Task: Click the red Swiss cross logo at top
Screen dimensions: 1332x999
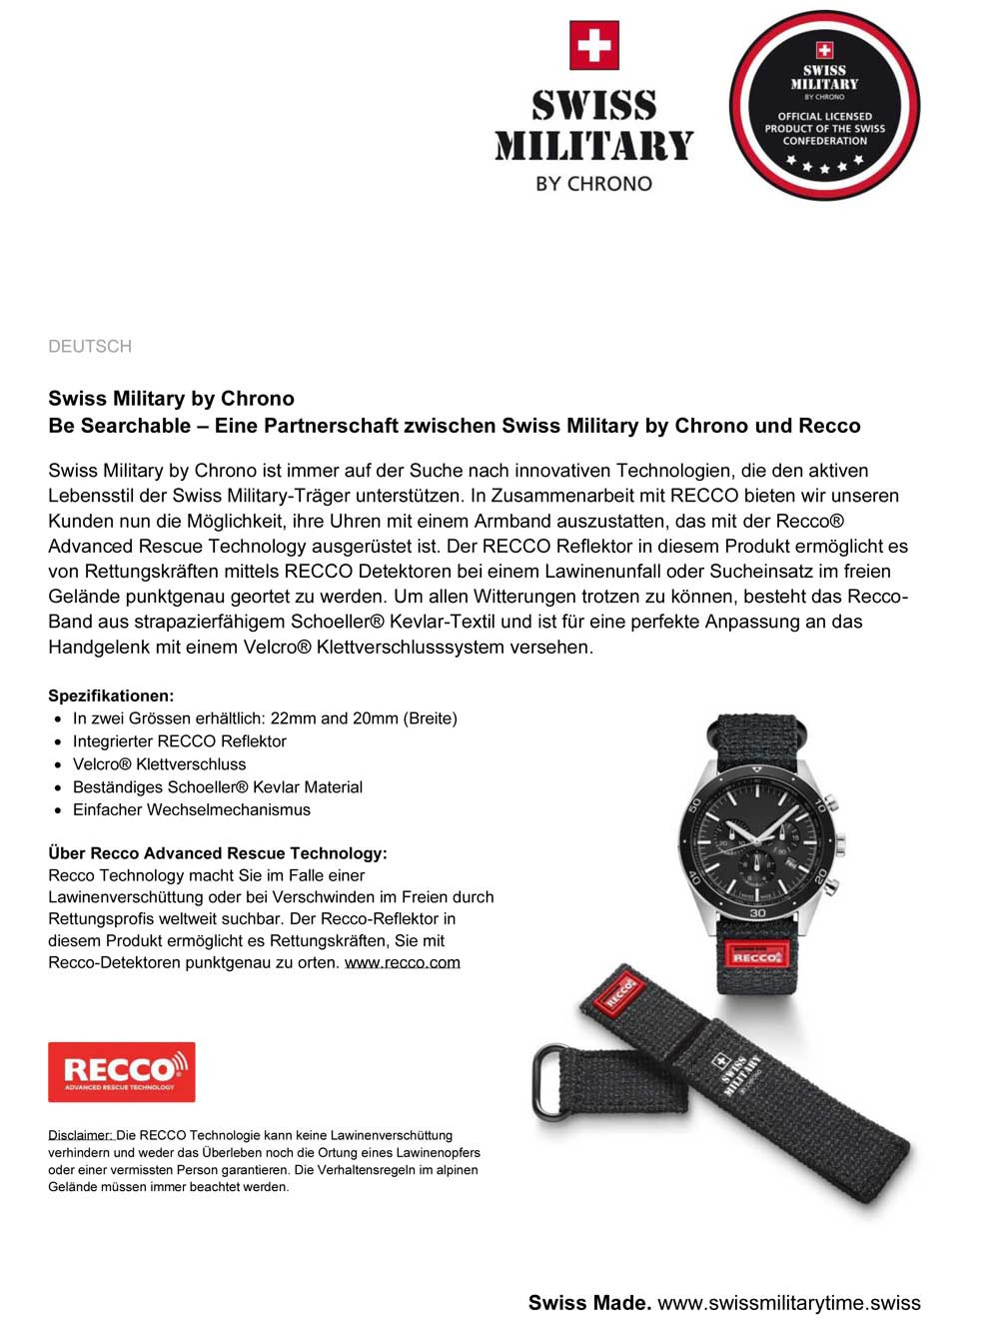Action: click(x=594, y=46)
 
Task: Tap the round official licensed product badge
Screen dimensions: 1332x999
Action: click(x=824, y=105)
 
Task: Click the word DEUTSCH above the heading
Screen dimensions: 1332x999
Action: click(x=90, y=346)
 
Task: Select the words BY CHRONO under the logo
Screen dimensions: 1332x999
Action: click(x=593, y=184)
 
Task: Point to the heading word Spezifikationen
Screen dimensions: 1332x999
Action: click(x=111, y=695)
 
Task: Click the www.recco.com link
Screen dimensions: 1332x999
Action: click(x=403, y=962)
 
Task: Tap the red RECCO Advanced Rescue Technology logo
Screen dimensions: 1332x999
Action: click(x=122, y=1072)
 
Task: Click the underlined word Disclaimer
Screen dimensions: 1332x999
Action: click(x=80, y=1135)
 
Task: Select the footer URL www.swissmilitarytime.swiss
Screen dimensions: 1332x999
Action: click(x=788, y=1302)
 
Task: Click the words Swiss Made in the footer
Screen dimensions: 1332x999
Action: click(x=589, y=1302)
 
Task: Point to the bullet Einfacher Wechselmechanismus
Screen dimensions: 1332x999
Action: click(x=191, y=809)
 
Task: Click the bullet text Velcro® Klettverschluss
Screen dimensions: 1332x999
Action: click(x=159, y=763)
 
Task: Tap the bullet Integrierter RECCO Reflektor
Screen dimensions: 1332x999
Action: click(x=179, y=740)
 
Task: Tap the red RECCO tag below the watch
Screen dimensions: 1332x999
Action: click(x=756, y=955)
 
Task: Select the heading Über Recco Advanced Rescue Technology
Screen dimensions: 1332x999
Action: click(x=217, y=852)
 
